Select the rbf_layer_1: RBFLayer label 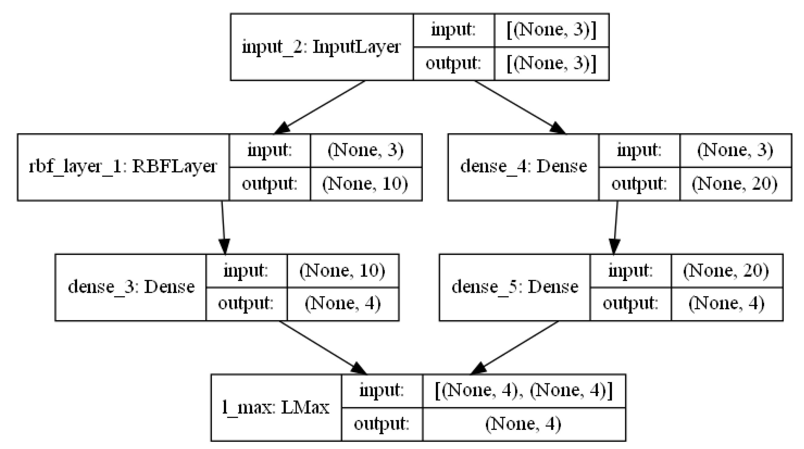coord(123,167)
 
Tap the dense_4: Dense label coord(523,167)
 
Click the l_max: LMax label coord(276,407)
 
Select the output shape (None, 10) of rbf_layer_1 coord(365,184)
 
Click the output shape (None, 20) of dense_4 coord(735,184)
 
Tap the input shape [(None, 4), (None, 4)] coord(524,391)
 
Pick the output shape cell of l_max coord(524,424)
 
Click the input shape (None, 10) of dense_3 coord(342,270)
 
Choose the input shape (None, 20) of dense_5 coord(726,270)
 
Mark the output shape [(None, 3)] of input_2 coord(551,64)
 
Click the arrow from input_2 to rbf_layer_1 coord(321,106)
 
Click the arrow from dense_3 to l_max coord(321,346)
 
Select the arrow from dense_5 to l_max coord(515,346)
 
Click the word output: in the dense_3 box coord(246,303)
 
